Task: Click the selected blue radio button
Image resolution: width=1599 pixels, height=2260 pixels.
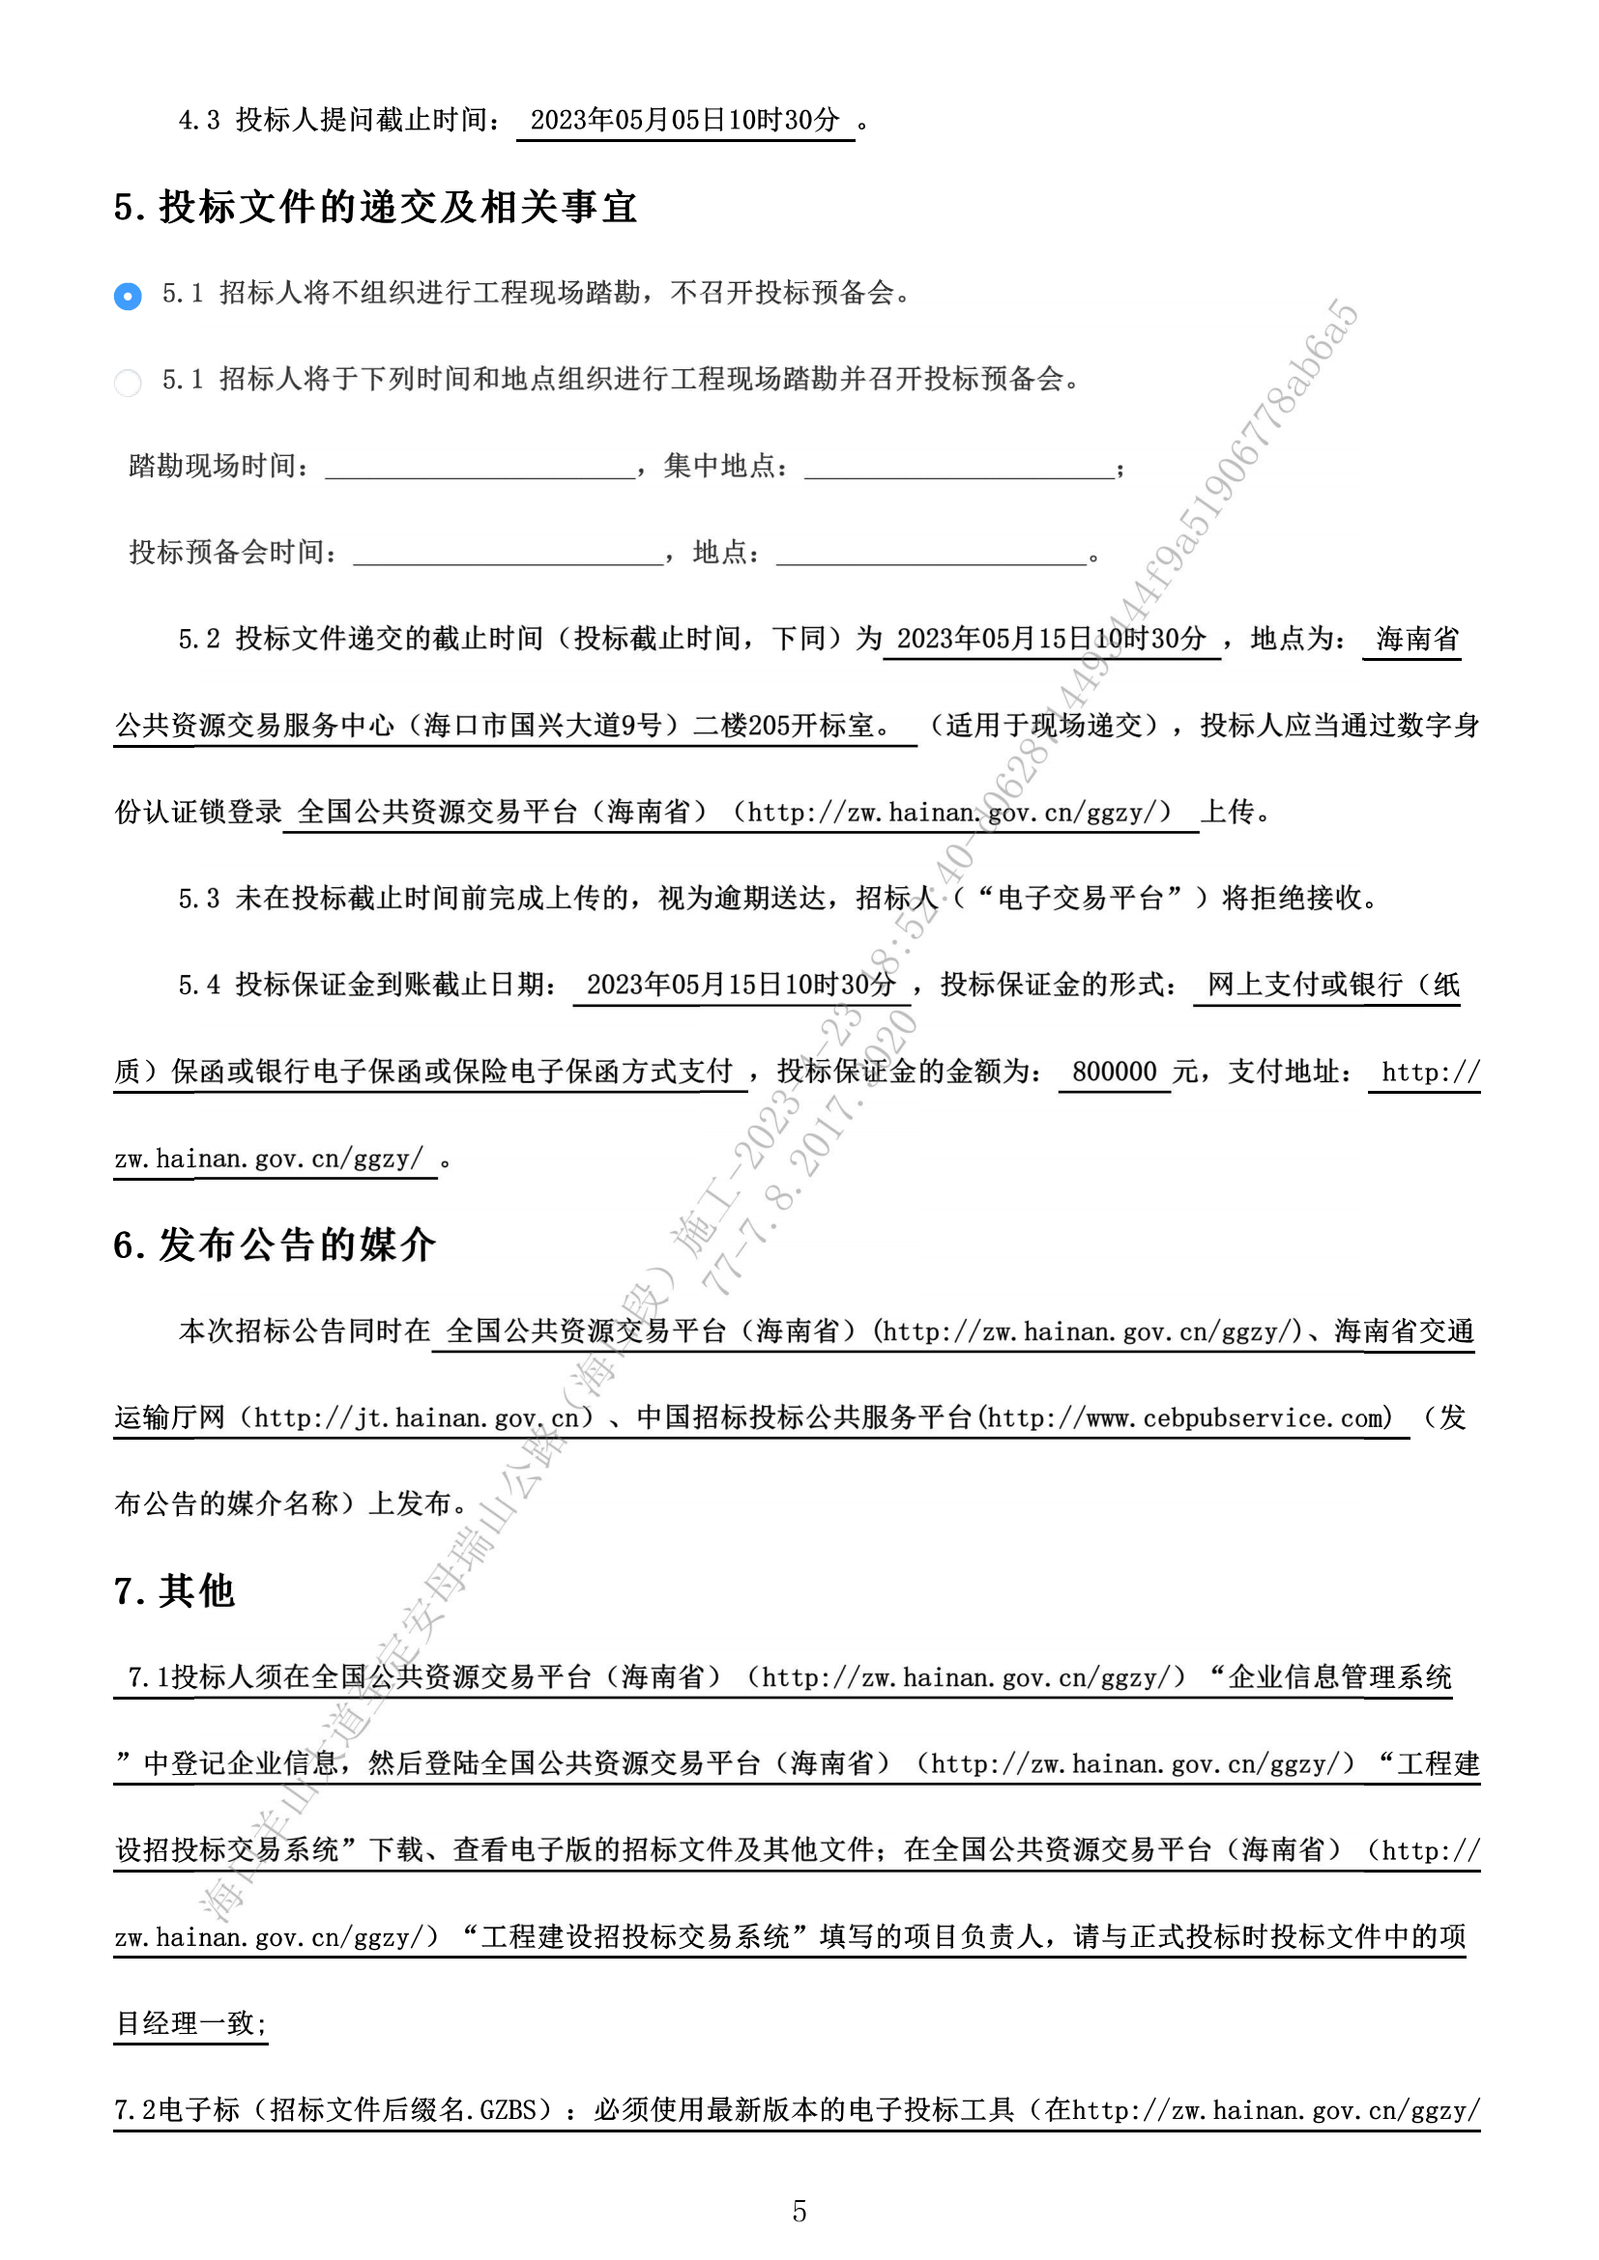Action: click(128, 296)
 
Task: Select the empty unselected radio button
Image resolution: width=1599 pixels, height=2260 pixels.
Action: click(128, 382)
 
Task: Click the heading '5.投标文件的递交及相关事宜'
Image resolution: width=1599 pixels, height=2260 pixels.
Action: click(375, 207)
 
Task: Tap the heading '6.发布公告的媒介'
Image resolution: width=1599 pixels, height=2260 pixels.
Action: click(274, 1245)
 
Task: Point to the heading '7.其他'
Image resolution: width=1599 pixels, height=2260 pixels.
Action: click(174, 1590)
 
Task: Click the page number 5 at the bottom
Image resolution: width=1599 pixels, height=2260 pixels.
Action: click(799, 2211)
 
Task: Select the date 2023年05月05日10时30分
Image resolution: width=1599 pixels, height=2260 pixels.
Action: click(684, 120)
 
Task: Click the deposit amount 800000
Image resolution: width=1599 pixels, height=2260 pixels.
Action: click(1114, 1072)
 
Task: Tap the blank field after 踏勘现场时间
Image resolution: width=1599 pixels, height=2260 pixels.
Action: click(480, 467)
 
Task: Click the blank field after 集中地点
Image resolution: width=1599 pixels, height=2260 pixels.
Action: click(959, 467)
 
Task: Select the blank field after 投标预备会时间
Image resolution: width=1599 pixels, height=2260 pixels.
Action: click(509, 554)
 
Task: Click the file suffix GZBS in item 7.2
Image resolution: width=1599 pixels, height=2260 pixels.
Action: click(509, 2110)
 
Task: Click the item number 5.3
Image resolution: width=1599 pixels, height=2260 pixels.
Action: click(198, 899)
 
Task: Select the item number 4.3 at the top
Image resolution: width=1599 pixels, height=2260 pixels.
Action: click(198, 120)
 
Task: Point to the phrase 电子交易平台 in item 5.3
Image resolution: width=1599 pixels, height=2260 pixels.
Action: click(1080, 899)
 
